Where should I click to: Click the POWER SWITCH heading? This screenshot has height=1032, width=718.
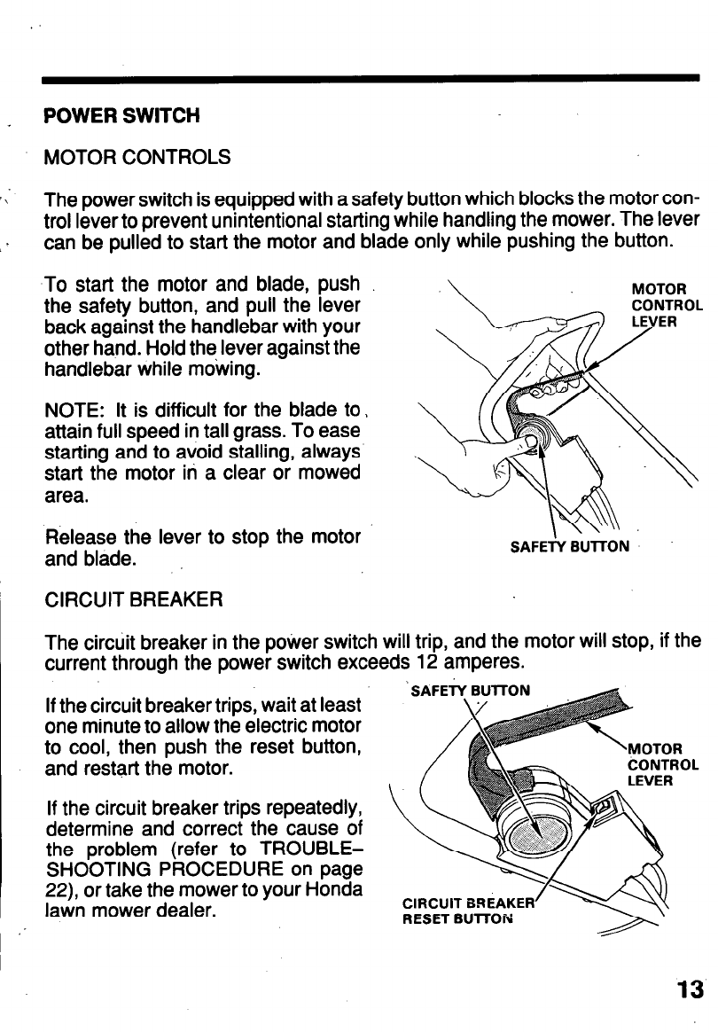(x=122, y=116)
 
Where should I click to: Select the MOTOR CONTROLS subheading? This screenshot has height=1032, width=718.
(x=137, y=158)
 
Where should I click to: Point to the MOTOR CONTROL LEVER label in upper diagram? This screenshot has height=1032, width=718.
(x=666, y=305)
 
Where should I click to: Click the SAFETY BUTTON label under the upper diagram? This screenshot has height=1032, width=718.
(x=570, y=547)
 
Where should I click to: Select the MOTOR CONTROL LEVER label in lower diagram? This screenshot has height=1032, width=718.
(x=663, y=764)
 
